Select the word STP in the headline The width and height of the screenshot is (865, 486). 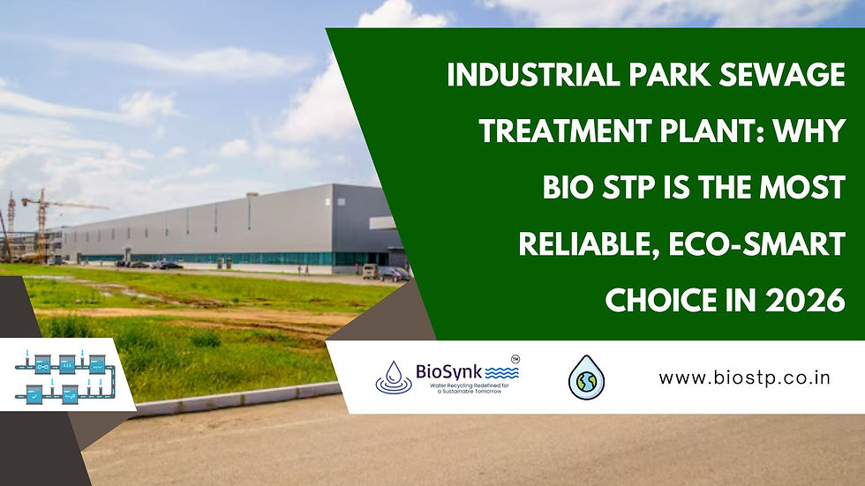614,189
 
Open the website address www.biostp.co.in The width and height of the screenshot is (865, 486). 748,378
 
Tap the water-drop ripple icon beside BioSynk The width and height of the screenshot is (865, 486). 394,378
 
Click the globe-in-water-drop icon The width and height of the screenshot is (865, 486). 586,378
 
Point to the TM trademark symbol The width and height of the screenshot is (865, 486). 515,359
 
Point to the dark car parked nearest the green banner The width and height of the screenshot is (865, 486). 394,273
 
